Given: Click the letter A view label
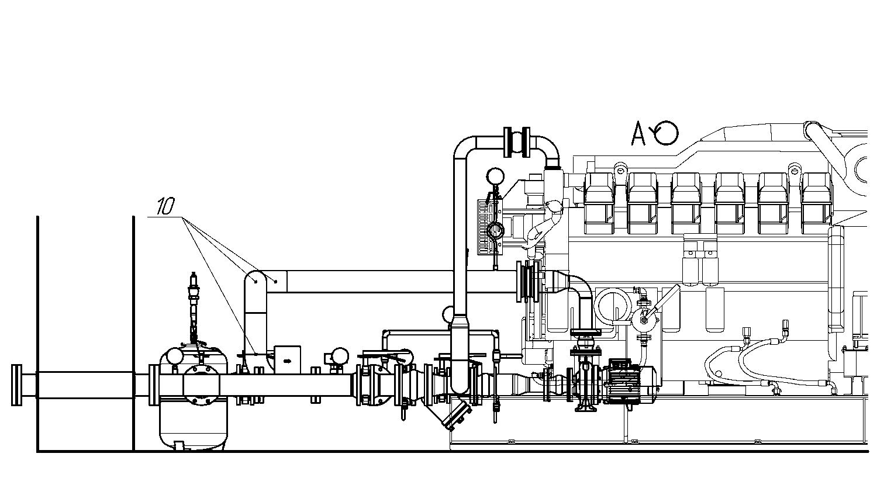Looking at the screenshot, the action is tap(638, 133).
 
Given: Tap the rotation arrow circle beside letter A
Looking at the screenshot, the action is tap(666, 133).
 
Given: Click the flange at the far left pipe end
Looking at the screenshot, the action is tap(16, 385).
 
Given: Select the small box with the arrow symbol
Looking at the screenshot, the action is tap(288, 359).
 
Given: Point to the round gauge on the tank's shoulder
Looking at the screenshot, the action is tap(175, 356).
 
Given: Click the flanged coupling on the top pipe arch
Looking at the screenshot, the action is tap(517, 141).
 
